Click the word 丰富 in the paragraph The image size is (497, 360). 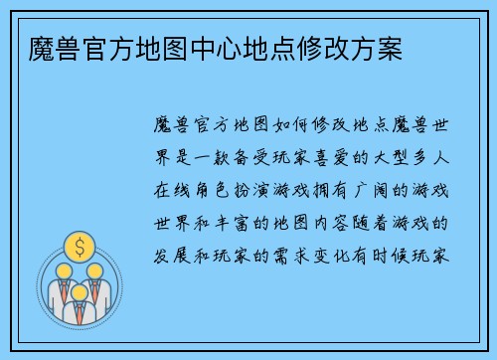[x=255, y=213]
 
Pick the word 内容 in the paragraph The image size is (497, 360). [x=359, y=213]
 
